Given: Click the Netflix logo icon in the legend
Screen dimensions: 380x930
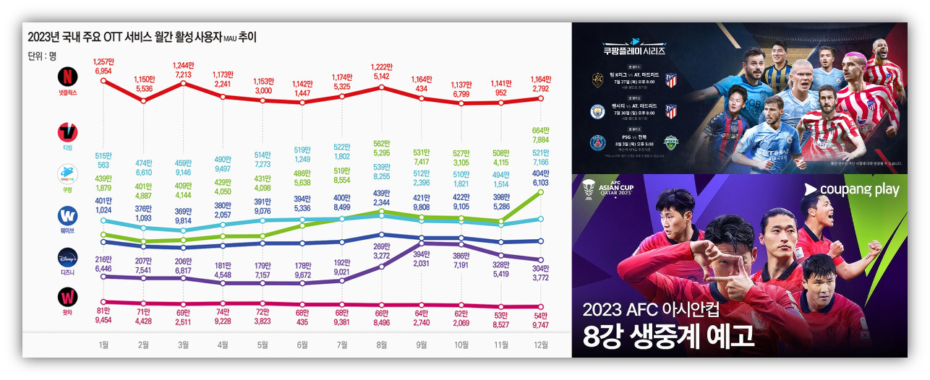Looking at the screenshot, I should [x=67, y=76].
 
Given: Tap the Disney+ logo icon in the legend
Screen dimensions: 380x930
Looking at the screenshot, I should [x=67, y=257].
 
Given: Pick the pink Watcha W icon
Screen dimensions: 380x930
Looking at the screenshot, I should [x=67, y=298].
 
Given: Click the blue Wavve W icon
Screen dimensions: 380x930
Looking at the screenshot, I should [x=67, y=216].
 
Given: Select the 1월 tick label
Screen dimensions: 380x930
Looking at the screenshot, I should [x=105, y=345].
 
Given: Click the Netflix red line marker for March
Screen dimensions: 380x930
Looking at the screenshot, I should [x=183, y=84].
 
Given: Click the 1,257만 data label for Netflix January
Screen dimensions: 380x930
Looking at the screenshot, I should [x=103, y=61].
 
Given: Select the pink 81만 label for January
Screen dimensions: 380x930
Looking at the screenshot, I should [x=103, y=312].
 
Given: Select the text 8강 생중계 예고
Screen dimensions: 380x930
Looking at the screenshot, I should [x=669, y=337].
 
